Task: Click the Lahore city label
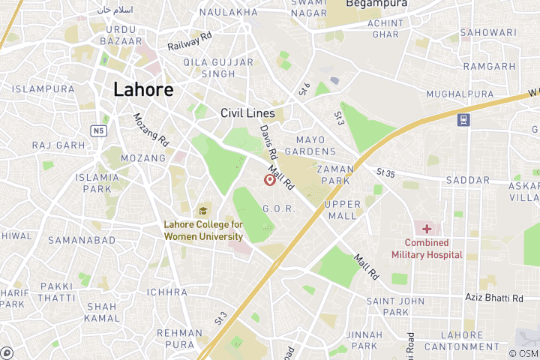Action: [143, 89]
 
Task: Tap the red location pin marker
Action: [269, 180]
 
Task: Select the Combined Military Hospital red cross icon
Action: [427, 228]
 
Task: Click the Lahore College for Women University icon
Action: [202, 211]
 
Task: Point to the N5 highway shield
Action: [99, 130]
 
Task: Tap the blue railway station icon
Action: [463, 119]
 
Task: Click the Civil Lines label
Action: [247, 113]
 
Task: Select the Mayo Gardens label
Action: [321, 145]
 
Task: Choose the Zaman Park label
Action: [335, 175]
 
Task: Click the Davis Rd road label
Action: [268, 140]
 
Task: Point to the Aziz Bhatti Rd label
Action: [494, 298]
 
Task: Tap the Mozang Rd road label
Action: [150, 128]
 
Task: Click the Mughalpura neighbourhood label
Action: [460, 94]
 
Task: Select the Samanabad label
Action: [82, 240]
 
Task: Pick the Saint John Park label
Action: [386, 306]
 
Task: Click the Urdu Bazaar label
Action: [119, 34]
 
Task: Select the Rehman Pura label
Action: [179, 338]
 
